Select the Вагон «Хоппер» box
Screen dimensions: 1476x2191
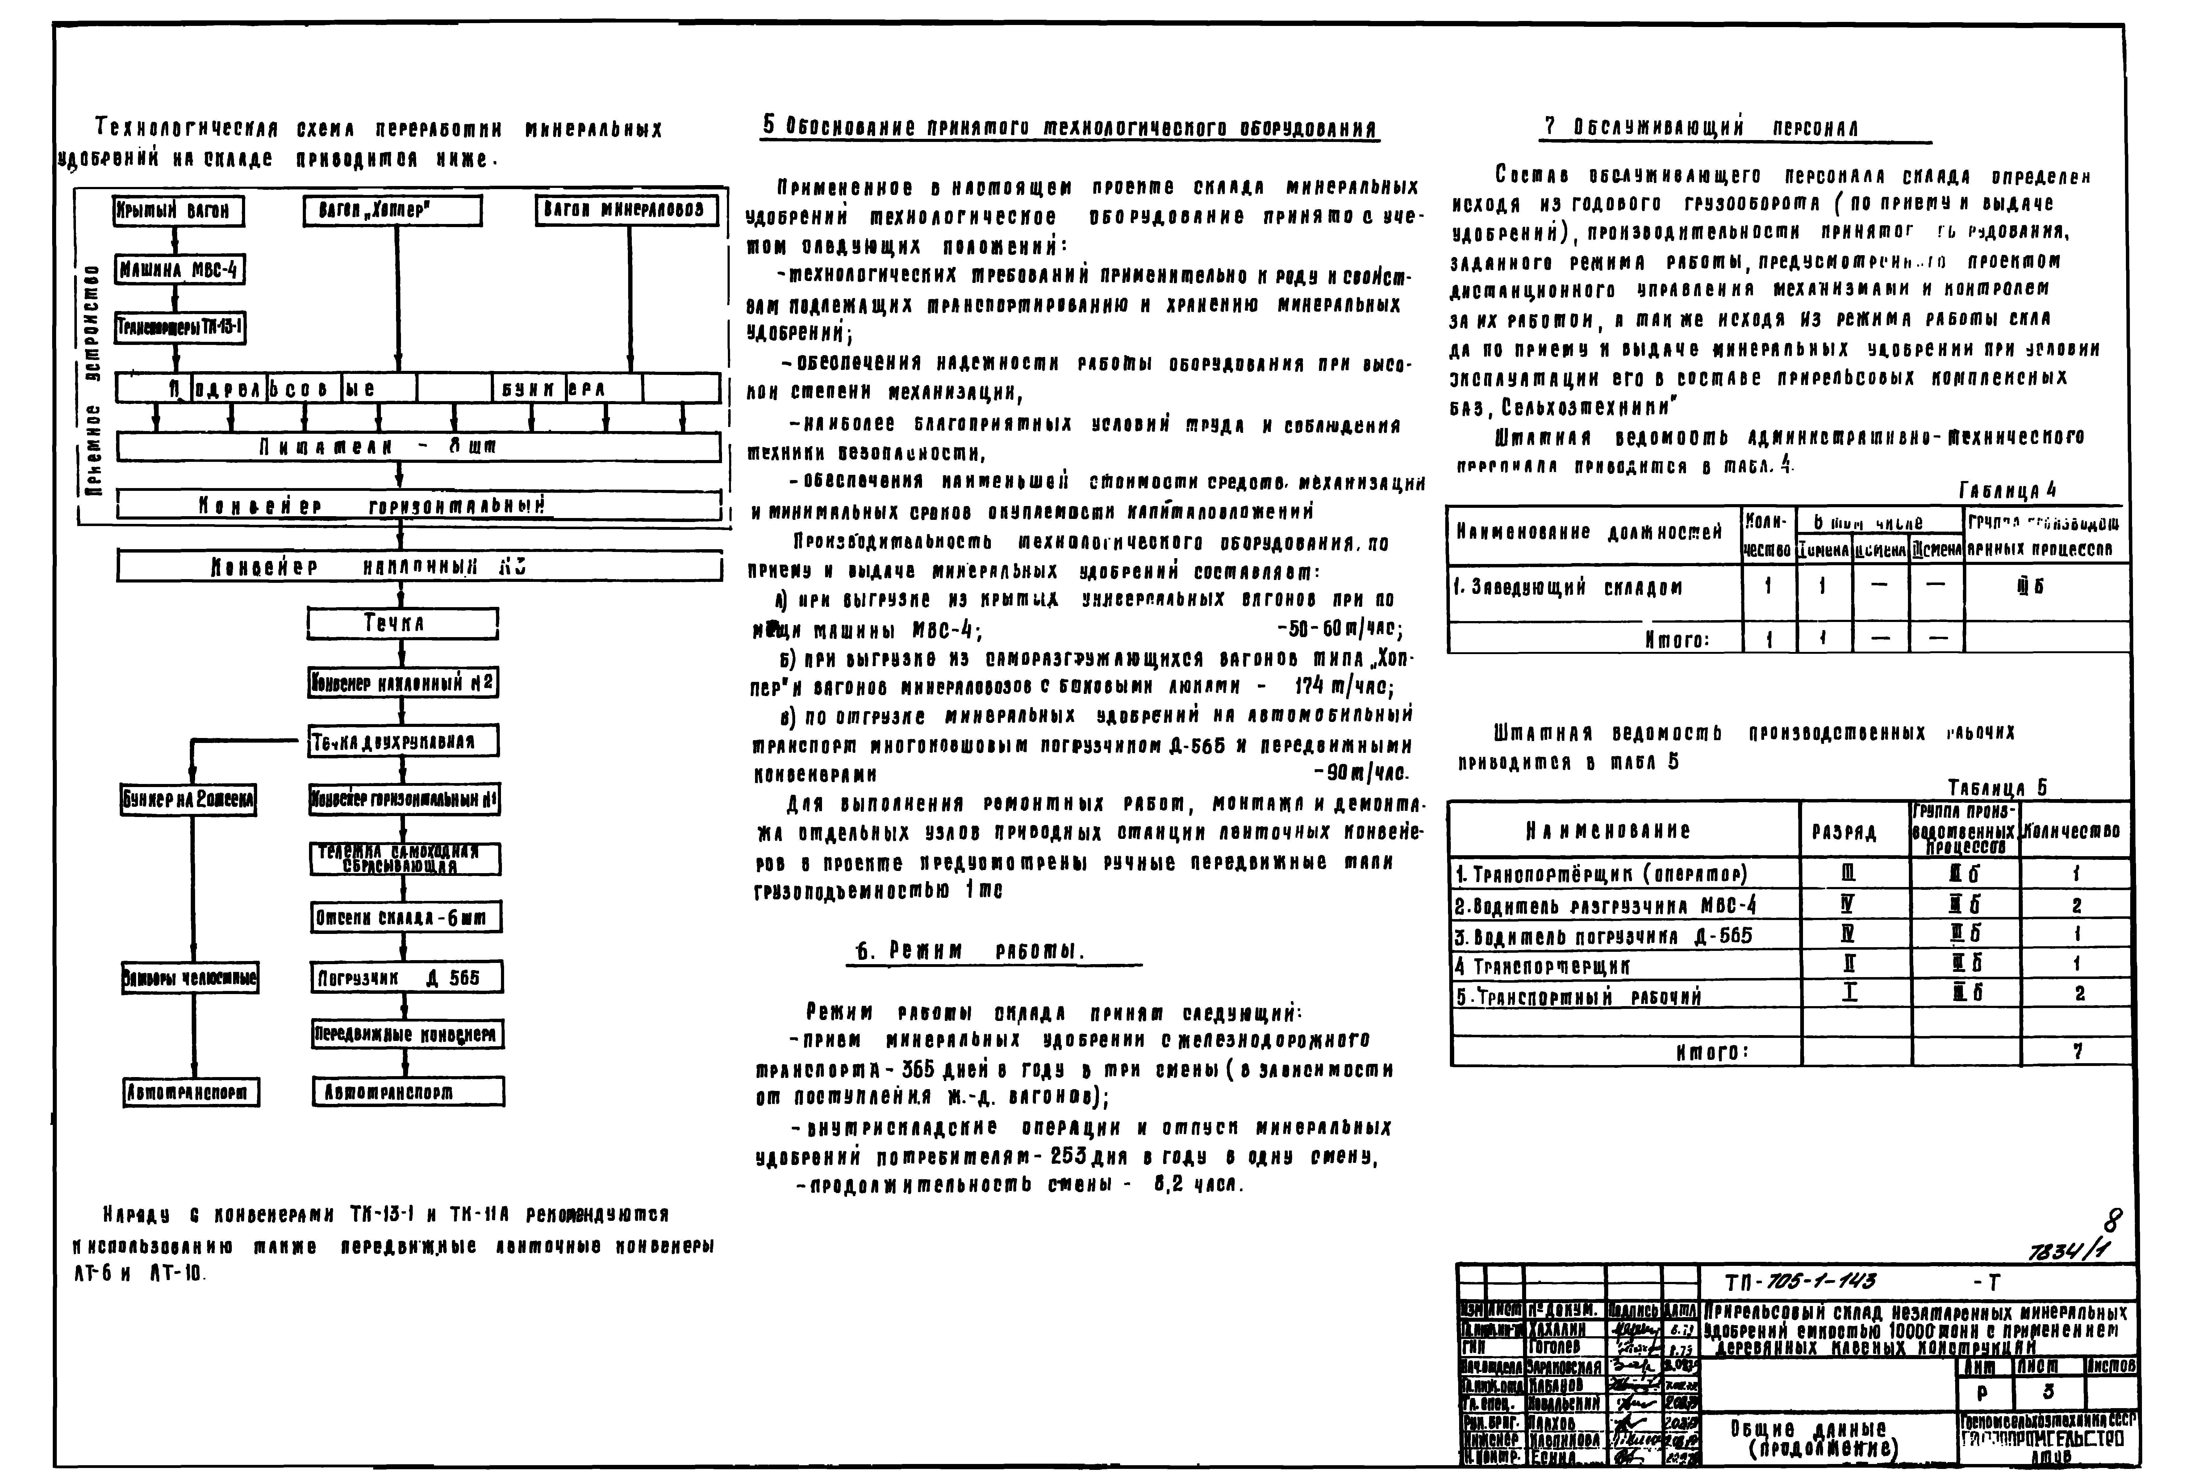393,211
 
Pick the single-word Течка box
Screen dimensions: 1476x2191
402,623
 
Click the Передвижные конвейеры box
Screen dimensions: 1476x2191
407,1034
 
